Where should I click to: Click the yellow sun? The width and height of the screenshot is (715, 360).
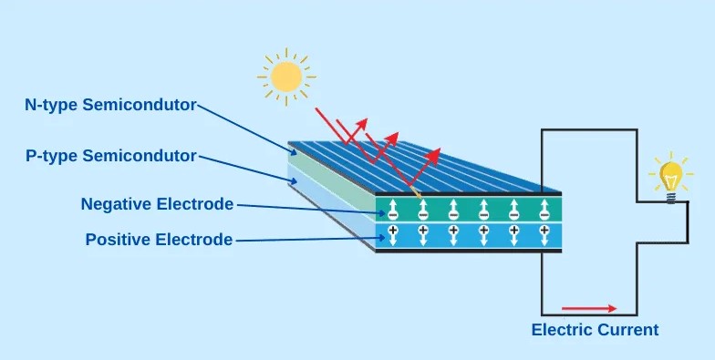pyautogui.click(x=285, y=77)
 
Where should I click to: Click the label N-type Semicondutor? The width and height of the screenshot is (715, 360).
pyautogui.click(x=110, y=105)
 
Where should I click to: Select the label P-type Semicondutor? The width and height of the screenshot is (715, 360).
pyautogui.click(x=111, y=156)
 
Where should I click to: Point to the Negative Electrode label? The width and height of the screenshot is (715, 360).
pyautogui.click(x=157, y=204)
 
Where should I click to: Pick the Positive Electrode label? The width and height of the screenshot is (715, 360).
pyautogui.click(x=159, y=240)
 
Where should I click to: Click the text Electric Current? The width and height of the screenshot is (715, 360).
pyautogui.click(x=595, y=330)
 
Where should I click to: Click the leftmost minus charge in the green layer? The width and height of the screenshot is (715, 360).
pyautogui.click(x=393, y=216)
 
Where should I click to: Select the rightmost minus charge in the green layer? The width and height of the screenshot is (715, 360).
pyautogui.click(x=544, y=216)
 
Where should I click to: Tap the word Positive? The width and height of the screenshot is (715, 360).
pyautogui.click(x=114, y=240)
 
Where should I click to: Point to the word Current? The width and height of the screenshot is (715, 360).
pyautogui.click(x=627, y=330)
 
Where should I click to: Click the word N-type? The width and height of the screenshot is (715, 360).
pyautogui.click(x=50, y=105)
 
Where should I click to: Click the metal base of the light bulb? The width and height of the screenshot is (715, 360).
pyautogui.click(x=671, y=195)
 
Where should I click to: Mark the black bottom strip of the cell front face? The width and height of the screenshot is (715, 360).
pyautogui.click(x=468, y=250)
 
